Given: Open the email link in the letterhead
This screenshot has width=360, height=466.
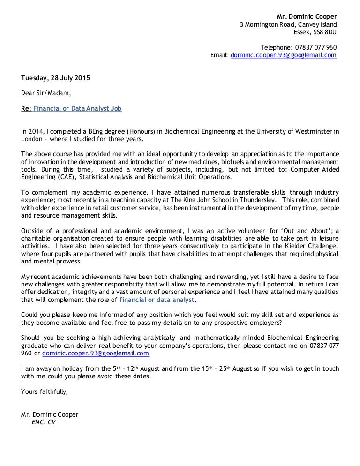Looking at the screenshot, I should point(284,55).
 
